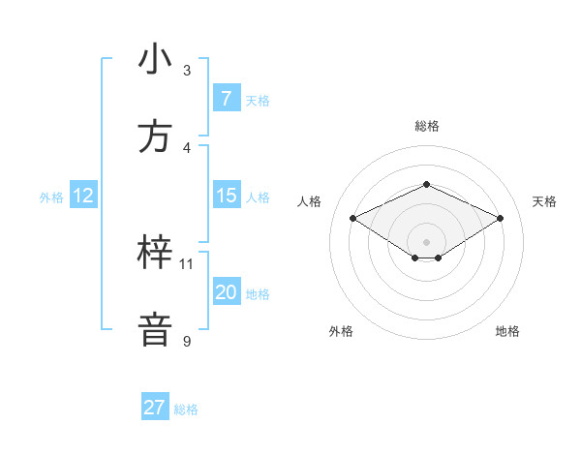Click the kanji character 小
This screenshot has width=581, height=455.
pyautogui.click(x=156, y=59)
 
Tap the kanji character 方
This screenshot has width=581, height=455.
pyautogui.click(x=156, y=136)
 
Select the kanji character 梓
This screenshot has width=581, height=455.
pyautogui.click(x=156, y=253)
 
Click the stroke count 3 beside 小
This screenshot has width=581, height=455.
pyautogui.click(x=187, y=71)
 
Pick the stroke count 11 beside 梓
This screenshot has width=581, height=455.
pyautogui.click(x=187, y=263)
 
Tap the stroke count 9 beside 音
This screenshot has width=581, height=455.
pyautogui.click(x=187, y=341)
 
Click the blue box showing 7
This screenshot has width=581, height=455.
pyautogui.click(x=226, y=99)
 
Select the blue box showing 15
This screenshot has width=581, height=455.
pyautogui.click(x=226, y=196)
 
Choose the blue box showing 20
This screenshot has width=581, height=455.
pyautogui.click(x=226, y=292)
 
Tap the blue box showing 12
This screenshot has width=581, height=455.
pyautogui.click(x=82, y=196)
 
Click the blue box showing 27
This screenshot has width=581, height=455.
pyautogui.click(x=155, y=408)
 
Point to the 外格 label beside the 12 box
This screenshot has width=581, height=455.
pyautogui.click(x=51, y=197)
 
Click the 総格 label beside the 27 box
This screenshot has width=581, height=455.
pyautogui.click(x=186, y=409)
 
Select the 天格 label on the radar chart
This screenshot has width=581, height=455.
pyautogui.click(x=545, y=201)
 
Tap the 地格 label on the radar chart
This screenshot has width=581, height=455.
pyautogui.click(x=507, y=331)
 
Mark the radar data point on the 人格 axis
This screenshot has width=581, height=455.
pyautogui.click(x=352, y=218)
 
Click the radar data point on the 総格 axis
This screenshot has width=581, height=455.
pyautogui.click(x=426, y=184)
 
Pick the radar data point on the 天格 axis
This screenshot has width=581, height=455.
pyautogui.click(x=500, y=218)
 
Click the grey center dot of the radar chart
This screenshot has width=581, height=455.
pyautogui.click(x=426, y=241)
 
